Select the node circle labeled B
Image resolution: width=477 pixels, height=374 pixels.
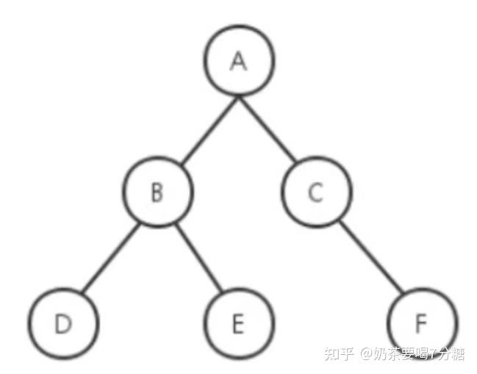(157, 193)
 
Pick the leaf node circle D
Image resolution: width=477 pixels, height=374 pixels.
(64, 324)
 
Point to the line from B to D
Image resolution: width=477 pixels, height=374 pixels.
(110, 259)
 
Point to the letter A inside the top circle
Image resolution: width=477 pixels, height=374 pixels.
(238, 61)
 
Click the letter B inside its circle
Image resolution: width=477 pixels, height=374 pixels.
(157, 193)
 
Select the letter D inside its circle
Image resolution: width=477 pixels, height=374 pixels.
(63, 324)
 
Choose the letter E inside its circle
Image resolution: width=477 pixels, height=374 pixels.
(237, 324)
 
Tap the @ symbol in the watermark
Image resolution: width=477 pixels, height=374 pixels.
(366, 355)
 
